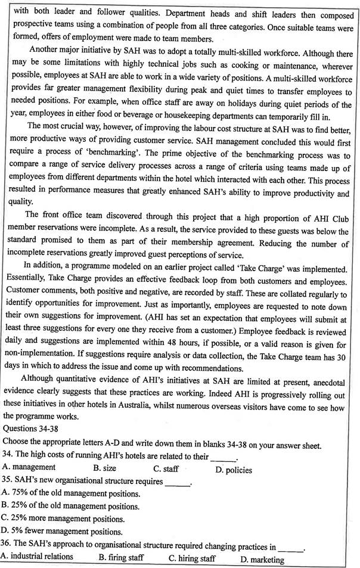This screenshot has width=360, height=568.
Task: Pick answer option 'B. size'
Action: click(105, 468)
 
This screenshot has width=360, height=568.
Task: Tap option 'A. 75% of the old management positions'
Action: click(72, 493)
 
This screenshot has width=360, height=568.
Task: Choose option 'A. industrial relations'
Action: click(37, 557)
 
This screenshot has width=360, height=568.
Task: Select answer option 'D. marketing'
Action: click(262, 559)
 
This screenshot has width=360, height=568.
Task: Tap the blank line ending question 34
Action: click(224, 457)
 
